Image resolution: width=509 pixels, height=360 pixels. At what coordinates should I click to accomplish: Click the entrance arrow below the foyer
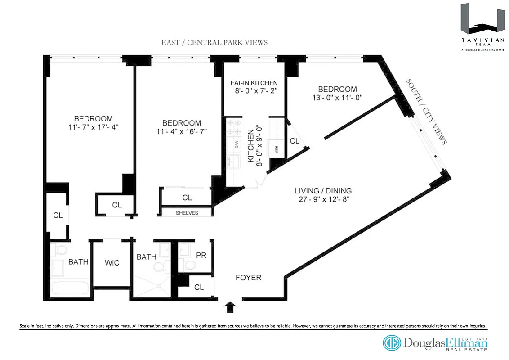point(230,307)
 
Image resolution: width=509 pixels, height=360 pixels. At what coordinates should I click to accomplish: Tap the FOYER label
point(248,278)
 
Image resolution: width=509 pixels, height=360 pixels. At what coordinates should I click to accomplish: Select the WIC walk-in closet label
point(112,262)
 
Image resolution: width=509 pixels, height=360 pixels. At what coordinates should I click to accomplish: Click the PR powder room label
point(201,255)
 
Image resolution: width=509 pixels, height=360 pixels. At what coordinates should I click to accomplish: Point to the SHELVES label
point(187,213)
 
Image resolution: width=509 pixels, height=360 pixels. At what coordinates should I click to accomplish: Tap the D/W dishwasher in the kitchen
point(235,144)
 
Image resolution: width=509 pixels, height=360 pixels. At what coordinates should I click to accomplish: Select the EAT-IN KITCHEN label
point(254,83)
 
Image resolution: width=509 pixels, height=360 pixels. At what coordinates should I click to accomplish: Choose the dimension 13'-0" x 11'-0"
point(337,98)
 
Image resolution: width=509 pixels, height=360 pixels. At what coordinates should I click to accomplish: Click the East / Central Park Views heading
point(214,42)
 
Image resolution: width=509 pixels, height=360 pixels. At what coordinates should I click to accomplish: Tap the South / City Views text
point(426,112)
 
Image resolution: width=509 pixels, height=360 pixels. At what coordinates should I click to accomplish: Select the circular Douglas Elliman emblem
point(391,343)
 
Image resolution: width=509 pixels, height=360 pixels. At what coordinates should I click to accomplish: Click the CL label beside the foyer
point(198,287)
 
